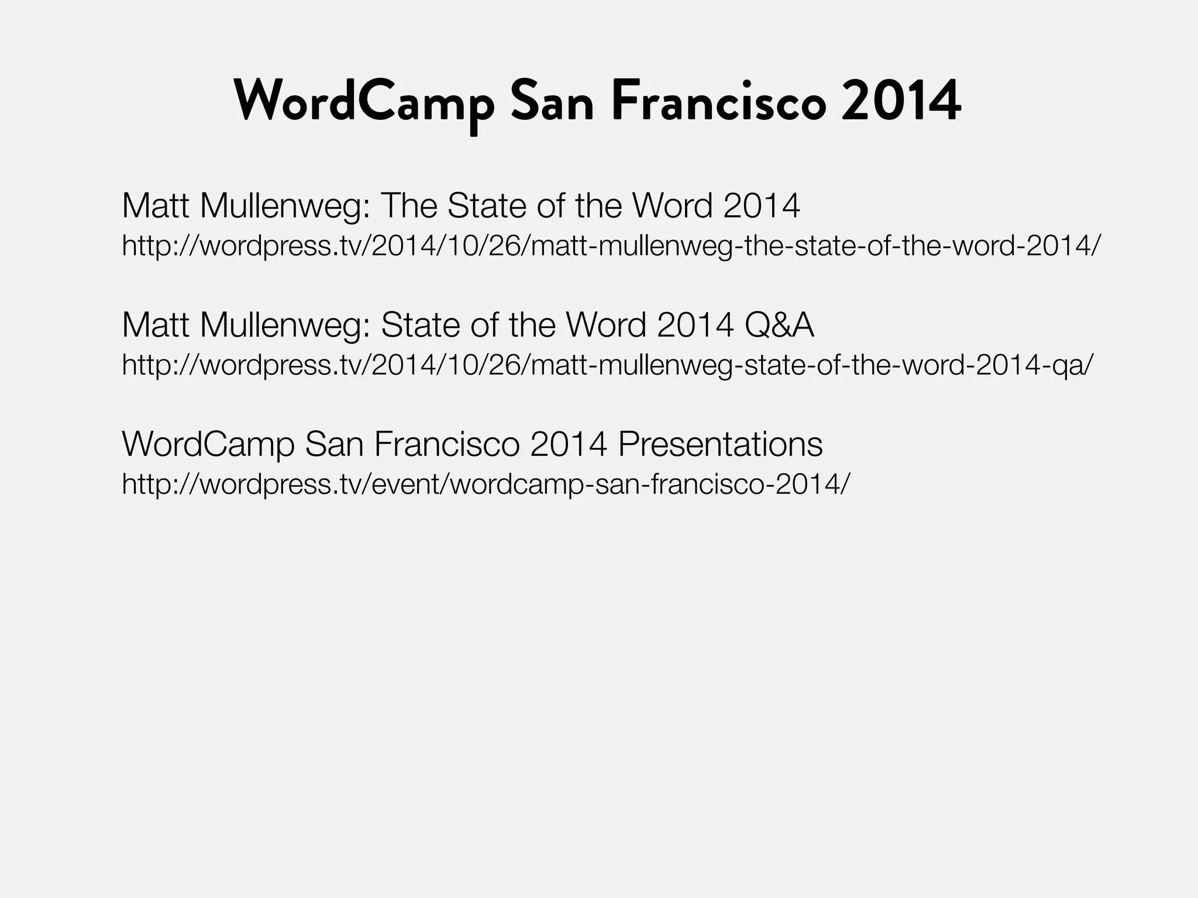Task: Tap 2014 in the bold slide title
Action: (x=901, y=103)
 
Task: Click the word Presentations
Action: (x=720, y=444)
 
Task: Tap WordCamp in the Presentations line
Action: (x=208, y=444)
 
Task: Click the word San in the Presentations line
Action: (x=334, y=444)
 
